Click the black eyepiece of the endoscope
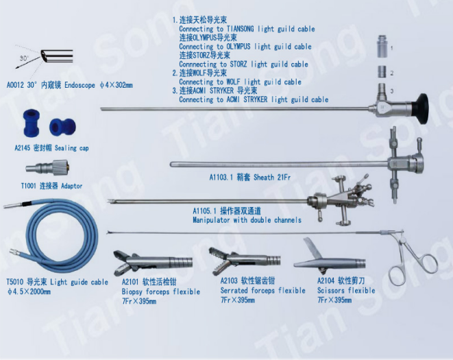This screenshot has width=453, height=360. coord(420,109)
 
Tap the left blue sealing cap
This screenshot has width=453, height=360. coord(31,123)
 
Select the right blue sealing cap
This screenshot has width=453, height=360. coord(62,127)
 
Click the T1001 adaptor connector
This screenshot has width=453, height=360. coord(47,167)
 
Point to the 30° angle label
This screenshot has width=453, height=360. coord(24,58)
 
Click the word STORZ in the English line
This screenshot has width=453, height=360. coord(238,64)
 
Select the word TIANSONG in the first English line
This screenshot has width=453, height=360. coord(240,29)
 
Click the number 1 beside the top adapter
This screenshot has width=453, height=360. coord(391,48)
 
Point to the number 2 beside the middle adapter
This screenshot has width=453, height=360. coord(392,73)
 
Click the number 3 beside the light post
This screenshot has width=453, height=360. coord(392,91)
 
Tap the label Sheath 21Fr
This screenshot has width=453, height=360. coord(272,177)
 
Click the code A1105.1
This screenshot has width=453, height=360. coord(204,211)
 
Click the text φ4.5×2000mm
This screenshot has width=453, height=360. coord(29,291)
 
